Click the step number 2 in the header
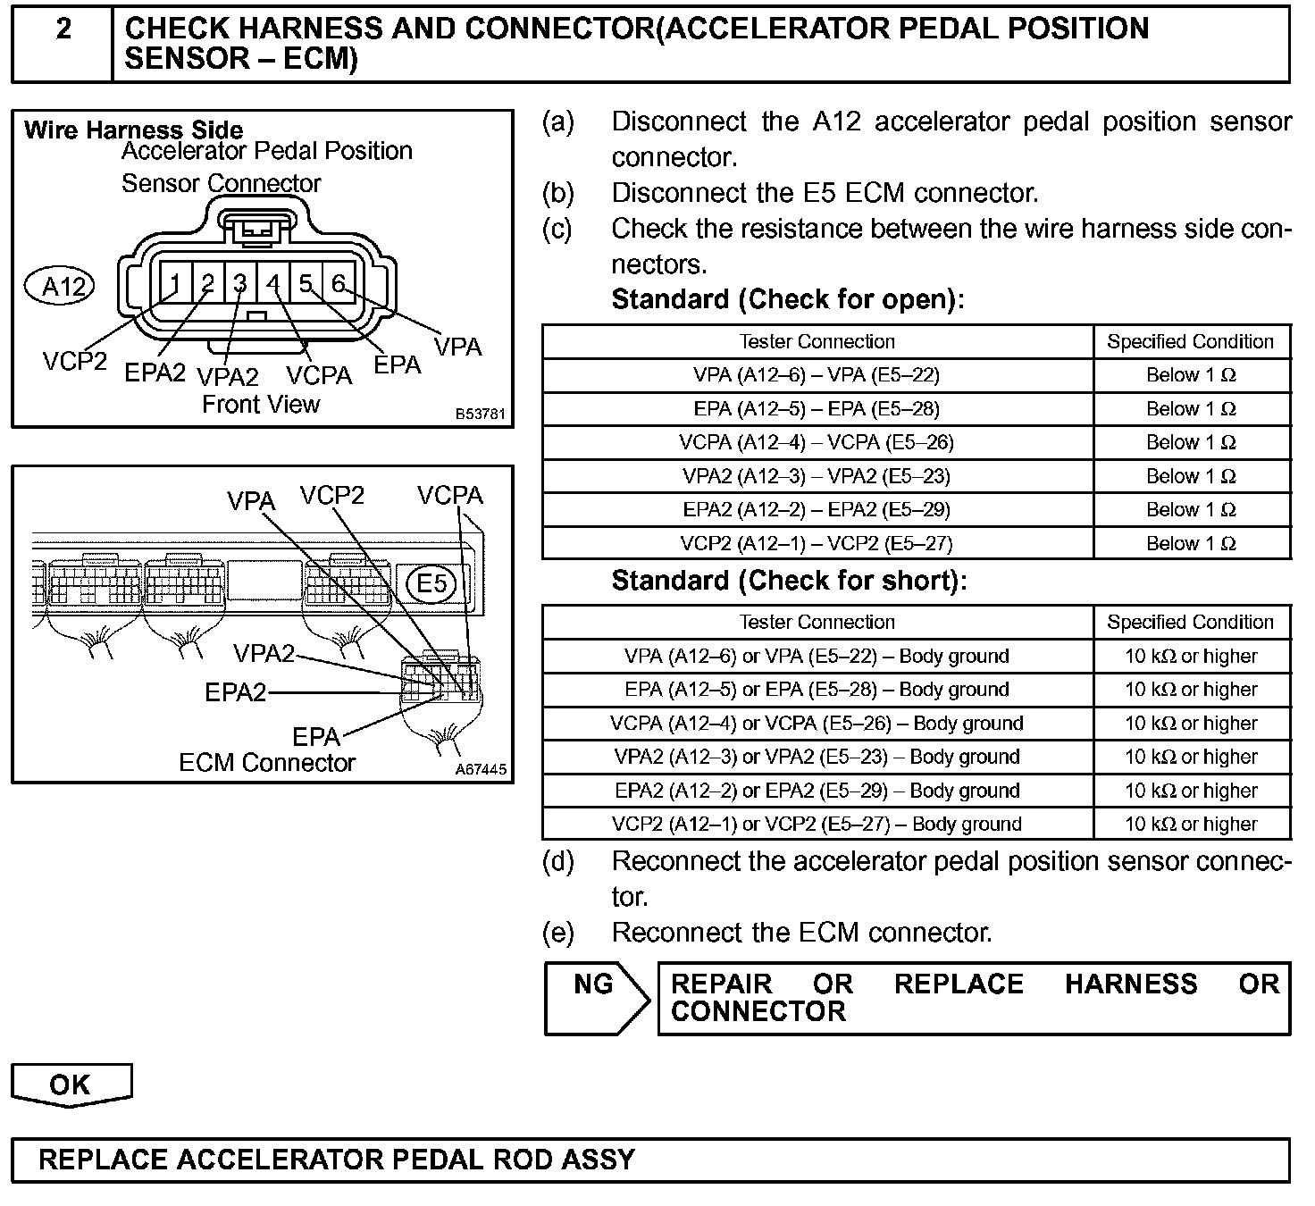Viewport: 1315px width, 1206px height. (63, 29)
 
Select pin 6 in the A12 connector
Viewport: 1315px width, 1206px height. (338, 283)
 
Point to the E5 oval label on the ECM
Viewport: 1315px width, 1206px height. (431, 583)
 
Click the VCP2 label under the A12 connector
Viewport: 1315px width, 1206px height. (75, 361)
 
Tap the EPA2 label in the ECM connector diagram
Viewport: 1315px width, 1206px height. (236, 692)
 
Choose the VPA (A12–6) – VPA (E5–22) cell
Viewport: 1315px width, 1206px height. (817, 375)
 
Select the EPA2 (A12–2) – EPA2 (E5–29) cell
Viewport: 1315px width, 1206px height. (817, 510)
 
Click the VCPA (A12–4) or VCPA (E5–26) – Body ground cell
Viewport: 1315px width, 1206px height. (817, 724)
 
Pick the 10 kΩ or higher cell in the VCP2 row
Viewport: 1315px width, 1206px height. (1191, 825)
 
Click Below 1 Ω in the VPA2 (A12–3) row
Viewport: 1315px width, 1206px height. (1191, 476)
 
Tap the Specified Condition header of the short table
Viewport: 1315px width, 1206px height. (1191, 623)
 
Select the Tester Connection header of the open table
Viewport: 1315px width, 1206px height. (817, 341)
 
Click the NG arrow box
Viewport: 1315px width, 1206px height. (595, 998)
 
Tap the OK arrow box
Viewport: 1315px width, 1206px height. (71, 1085)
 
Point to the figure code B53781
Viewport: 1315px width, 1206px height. (481, 415)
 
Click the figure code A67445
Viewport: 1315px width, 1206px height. (481, 769)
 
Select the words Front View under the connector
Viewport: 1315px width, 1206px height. (261, 405)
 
